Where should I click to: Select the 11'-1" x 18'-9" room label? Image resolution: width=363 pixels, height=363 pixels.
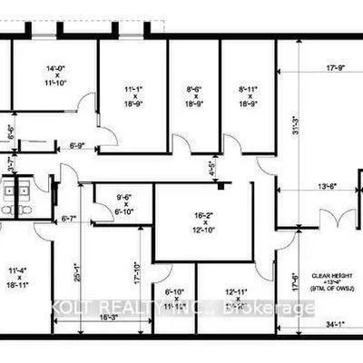(x=133, y=96)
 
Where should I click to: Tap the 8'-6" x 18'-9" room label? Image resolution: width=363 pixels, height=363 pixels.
(x=194, y=96)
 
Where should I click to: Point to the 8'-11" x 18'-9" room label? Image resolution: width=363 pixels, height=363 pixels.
(x=248, y=96)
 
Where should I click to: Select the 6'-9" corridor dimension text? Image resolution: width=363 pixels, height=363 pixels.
(x=77, y=144)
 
